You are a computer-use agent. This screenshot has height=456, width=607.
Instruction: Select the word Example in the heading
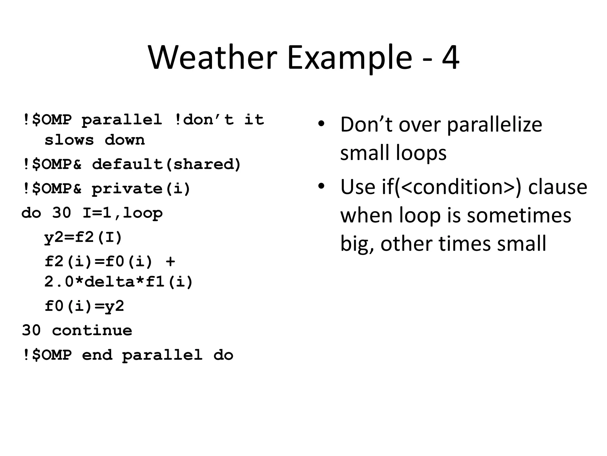pyautogui.click(x=349, y=58)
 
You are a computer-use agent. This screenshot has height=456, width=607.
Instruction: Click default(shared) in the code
pyautogui.click(x=167, y=164)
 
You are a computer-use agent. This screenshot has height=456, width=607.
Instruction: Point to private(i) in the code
pyautogui.click(x=141, y=189)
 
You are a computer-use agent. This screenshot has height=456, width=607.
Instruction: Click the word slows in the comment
pyautogui.click(x=69, y=140)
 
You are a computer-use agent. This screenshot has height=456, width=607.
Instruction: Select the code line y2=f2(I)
pyautogui.click(x=83, y=237)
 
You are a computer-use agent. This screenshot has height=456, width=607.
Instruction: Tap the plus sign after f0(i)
pyautogui.click(x=170, y=262)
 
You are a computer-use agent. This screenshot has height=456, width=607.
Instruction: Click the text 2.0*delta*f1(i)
pyautogui.click(x=119, y=281)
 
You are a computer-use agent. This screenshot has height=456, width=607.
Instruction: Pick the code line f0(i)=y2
pyautogui.click(x=84, y=306)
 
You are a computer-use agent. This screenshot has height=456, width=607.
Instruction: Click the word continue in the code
pyautogui.click(x=92, y=330)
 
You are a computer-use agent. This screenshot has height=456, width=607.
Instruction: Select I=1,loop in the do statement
pyautogui.click(x=123, y=213)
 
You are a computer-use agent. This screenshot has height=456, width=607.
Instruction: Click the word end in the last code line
pyautogui.click(x=97, y=355)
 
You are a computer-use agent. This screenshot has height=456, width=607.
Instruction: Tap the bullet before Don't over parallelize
pyautogui.click(x=321, y=124)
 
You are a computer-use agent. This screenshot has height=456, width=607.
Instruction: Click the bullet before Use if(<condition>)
pyautogui.click(x=321, y=186)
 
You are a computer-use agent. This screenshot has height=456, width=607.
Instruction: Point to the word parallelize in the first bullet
pyautogui.click(x=494, y=124)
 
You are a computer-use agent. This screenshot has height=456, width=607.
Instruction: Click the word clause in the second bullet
pyautogui.click(x=558, y=187)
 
